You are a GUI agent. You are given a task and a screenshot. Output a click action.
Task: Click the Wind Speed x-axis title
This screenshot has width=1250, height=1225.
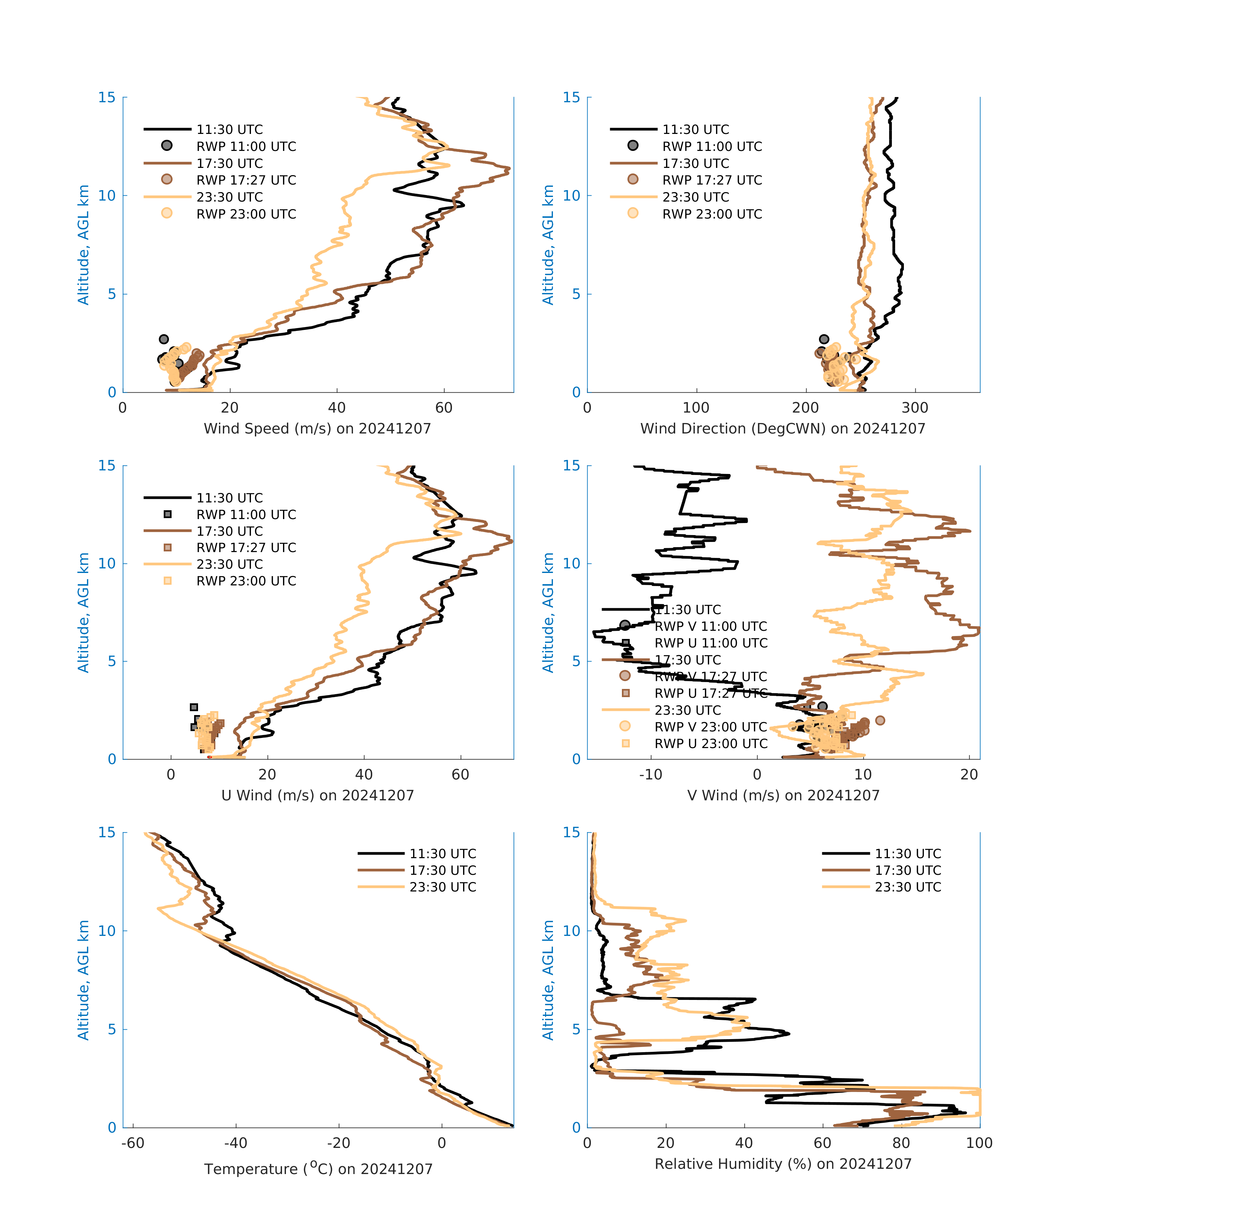(x=317, y=429)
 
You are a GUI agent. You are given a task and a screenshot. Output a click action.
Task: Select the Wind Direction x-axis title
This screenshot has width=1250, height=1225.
(x=783, y=429)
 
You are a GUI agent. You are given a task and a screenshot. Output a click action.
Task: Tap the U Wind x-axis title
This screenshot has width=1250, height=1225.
(x=317, y=795)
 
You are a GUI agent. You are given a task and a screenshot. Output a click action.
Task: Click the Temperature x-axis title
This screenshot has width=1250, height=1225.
(x=318, y=1168)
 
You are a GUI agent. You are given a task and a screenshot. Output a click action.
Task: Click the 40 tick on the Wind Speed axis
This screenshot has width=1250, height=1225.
(x=337, y=408)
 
